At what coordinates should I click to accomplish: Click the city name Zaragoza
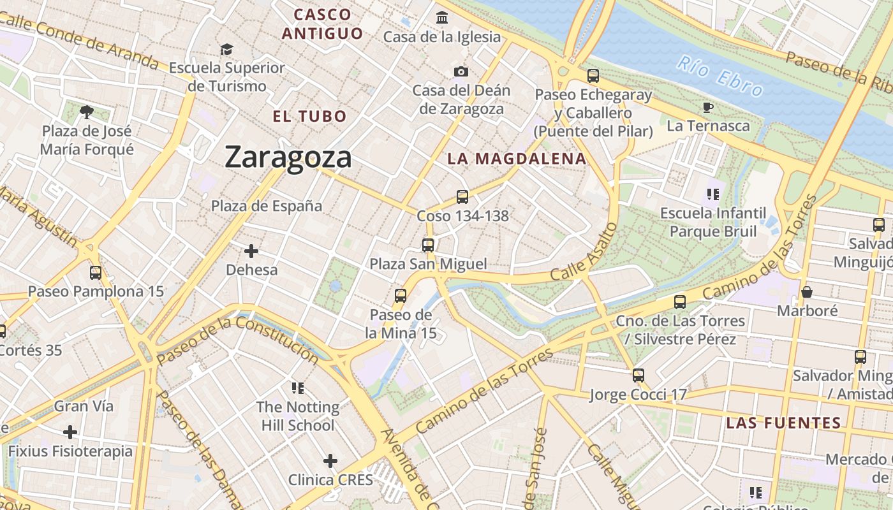[x=288, y=157]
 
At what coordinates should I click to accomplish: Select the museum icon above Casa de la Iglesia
[x=442, y=18]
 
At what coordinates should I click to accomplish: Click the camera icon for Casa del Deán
[x=461, y=71]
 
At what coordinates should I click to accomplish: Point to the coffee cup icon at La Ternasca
[x=708, y=107]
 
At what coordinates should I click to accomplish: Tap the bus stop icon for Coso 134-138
[x=462, y=196]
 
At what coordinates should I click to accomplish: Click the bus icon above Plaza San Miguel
[x=428, y=245]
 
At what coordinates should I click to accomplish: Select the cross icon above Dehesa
[x=251, y=251]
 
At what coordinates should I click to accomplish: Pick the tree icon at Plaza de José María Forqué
[x=87, y=113]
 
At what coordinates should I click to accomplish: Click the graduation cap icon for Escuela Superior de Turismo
[x=226, y=49]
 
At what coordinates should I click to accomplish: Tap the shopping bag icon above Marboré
[x=807, y=292]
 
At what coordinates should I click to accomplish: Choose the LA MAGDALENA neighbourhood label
[x=517, y=159]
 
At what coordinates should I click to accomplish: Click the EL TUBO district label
[x=309, y=117]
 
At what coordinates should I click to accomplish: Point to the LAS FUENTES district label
[x=784, y=423]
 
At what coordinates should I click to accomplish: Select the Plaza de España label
[x=267, y=206]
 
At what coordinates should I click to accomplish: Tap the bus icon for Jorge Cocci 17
[x=638, y=375]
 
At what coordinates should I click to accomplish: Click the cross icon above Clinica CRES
[x=330, y=460]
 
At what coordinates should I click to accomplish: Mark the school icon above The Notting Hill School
[x=297, y=388]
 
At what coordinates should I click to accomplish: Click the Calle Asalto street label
[x=584, y=252]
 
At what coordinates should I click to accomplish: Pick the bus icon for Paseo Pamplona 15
[x=96, y=273]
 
